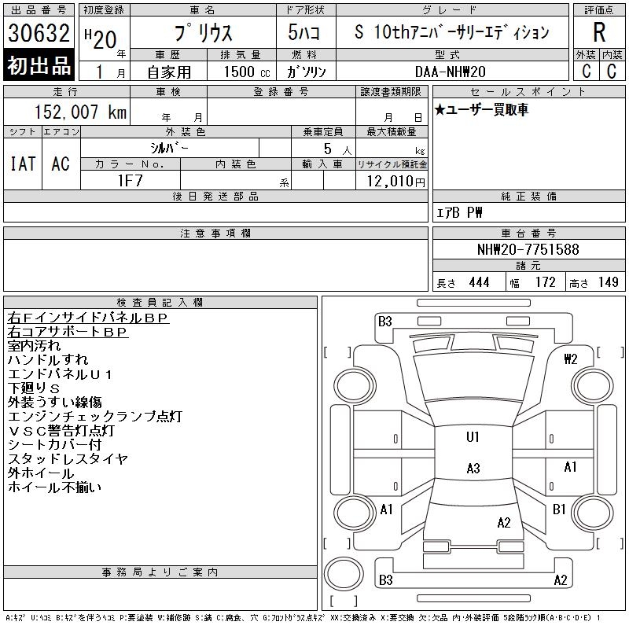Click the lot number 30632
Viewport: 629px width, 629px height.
[39, 32]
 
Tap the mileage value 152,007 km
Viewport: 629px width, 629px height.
[80, 112]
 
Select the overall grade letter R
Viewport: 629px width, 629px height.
[599, 32]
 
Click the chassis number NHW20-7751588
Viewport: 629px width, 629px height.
[528, 249]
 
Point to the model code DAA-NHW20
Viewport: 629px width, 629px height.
[450, 72]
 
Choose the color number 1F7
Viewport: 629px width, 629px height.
[130, 181]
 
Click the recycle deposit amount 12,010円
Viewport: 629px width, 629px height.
[395, 182]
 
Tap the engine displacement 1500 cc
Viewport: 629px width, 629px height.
[247, 72]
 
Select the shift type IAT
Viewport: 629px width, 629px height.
[23, 164]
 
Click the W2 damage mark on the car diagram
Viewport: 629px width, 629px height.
[570, 359]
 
